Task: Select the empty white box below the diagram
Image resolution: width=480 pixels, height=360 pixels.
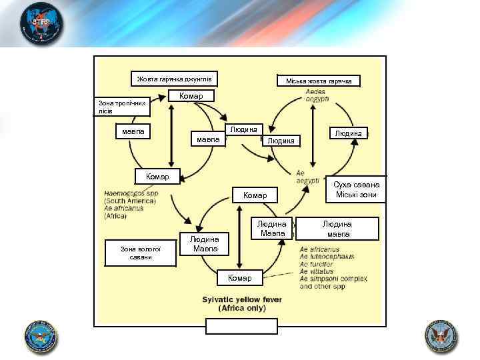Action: [x=241, y=326]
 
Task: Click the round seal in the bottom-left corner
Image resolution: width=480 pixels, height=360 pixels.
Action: [x=40, y=337]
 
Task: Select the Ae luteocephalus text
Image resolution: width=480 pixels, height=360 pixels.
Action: [x=327, y=257]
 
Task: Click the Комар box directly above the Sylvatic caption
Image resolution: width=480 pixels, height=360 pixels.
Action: [x=240, y=277]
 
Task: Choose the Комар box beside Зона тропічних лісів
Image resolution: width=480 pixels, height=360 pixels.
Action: [x=191, y=95]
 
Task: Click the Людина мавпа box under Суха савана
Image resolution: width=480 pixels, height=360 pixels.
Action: [x=338, y=229]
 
